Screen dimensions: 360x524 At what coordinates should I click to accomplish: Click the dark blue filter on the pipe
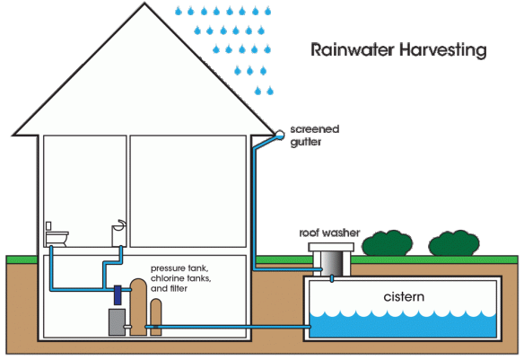click(118, 293)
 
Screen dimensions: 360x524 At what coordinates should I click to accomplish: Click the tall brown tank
click(138, 306)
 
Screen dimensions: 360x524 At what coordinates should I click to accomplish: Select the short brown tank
click(157, 317)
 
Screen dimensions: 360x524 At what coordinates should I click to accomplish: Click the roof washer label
click(329, 232)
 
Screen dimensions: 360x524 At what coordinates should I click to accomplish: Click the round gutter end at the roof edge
click(280, 134)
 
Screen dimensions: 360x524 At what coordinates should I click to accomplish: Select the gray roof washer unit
click(328, 258)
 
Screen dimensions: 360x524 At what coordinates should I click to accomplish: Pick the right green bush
click(451, 243)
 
